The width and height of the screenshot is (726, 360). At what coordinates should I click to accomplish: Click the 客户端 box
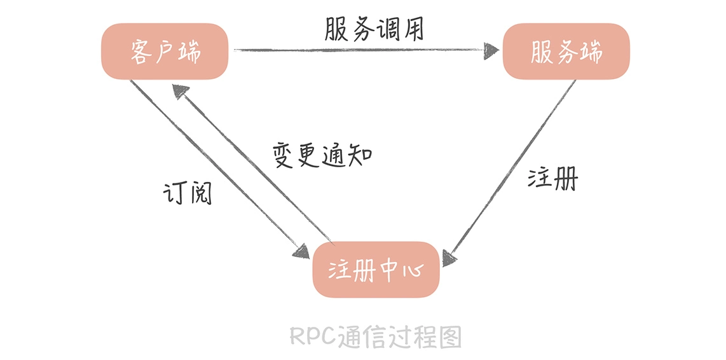click(x=164, y=52)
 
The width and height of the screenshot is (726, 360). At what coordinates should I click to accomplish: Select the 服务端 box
click(x=566, y=52)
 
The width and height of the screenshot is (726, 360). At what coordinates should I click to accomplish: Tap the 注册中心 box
click(x=375, y=270)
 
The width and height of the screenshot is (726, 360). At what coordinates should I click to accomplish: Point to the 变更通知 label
click(x=322, y=155)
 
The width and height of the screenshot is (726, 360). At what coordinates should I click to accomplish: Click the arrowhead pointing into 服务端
click(x=491, y=50)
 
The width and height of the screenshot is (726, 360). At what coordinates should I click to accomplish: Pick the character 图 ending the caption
click(x=450, y=336)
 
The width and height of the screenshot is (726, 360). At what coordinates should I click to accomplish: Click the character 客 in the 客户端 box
click(x=140, y=52)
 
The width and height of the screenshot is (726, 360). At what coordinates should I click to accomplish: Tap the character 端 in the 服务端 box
click(x=591, y=52)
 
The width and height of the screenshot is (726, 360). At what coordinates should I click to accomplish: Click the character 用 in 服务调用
click(x=411, y=29)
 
